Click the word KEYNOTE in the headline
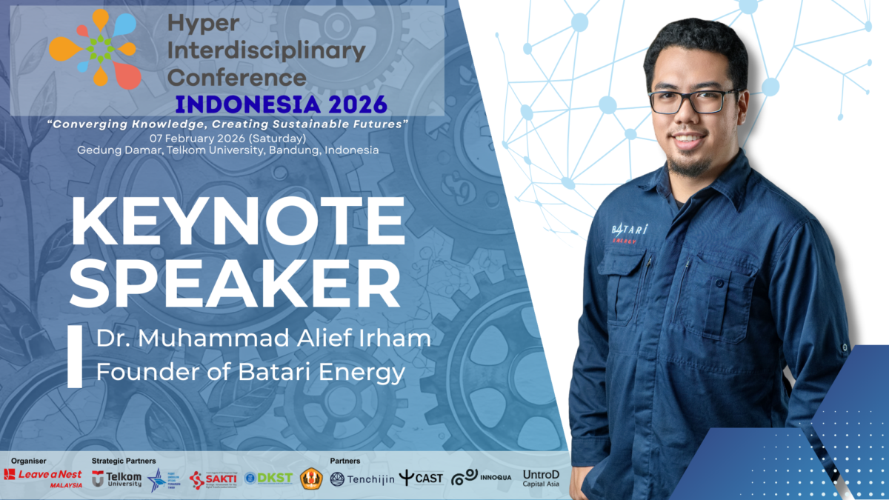pyautogui.click(x=237, y=221)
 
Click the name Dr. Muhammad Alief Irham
pyautogui.click(x=263, y=340)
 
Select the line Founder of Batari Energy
pyautogui.click(x=250, y=373)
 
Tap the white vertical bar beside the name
pyautogui.click(x=75, y=356)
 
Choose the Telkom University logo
pyautogui.click(x=116, y=479)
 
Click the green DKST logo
pyautogui.click(x=269, y=479)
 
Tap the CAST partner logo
pyautogui.click(x=421, y=479)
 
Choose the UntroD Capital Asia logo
pyautogui.click(x=541, y=479)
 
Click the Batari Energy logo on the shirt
pyautogui.click(x=630, y=231)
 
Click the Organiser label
pyautogui.click(x=28, y=461)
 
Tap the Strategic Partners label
pyautogui.click(x=124, y=461)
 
